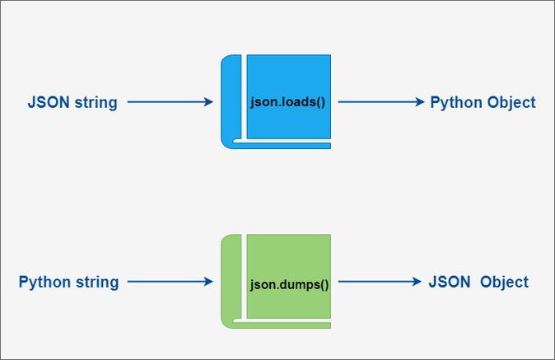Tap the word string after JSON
pyautogui.click(x=96, y=103)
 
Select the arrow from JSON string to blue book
pyautogui.click(x=169, y=102)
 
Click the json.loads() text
pyautogui.click(x=287, y=103)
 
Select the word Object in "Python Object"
pyautogui.click(x=511, y=103)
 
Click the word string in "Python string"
pyautogui.click(x=98, y=283)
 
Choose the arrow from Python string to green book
pyautogui.click(x=169, y=282)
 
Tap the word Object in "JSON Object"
pyautogui.click(x=504, y=282)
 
